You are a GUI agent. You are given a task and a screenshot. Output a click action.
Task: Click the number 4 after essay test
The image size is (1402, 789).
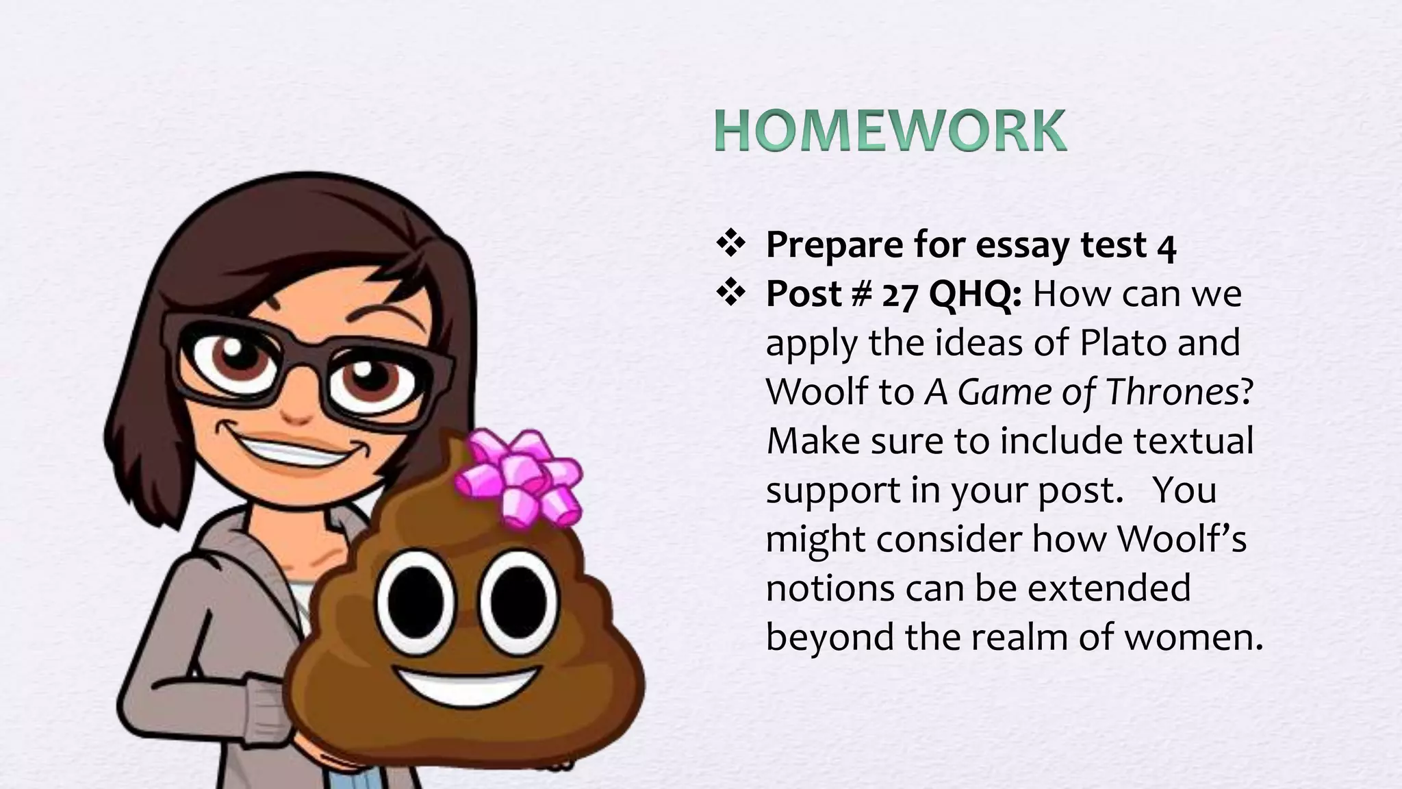(x=1167, y=247)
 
